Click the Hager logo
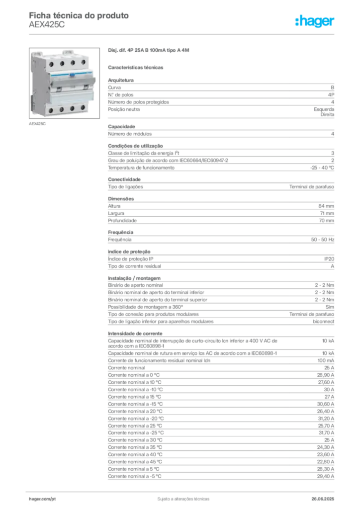pos(315,21)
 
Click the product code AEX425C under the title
pos(47,25)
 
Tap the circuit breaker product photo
pos(64,83)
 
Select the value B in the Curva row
pos(333,87)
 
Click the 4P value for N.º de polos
pos(331,95)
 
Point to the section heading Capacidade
pos(121,127)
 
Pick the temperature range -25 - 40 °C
pos(322,168)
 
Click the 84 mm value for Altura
pos(326,206)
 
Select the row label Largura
pos(116,214)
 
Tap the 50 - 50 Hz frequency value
pos(323,240)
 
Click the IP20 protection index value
pos(329,259)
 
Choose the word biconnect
pos(323,322)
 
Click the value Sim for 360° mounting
pos(330,307)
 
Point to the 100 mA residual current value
pos(326,361)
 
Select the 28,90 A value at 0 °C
pos(326,375)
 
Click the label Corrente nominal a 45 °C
pos(135,462)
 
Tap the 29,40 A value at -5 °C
pos(326,477)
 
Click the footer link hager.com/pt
pos(42,499)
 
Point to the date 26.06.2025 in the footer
pos(323,499)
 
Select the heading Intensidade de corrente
pos(135,334)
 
